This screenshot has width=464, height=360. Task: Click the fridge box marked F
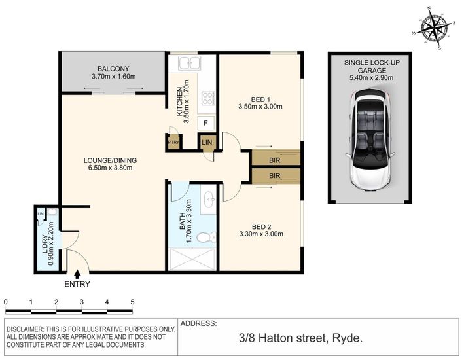206,123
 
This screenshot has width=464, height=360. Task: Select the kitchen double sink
190,63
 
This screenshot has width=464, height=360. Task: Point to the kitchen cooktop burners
207,99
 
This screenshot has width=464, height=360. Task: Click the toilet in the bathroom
207,237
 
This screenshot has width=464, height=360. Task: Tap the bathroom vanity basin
209,199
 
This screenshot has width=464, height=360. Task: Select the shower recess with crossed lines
192,259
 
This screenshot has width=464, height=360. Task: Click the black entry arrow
77,274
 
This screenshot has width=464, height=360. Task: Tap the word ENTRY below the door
77,284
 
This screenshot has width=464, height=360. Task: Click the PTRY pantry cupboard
173,142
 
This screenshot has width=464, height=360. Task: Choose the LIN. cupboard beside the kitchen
207,143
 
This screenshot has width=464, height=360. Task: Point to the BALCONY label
114,69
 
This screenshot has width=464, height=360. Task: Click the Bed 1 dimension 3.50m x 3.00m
260,107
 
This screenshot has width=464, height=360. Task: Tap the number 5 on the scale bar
132,302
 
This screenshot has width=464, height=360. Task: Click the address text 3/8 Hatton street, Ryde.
300,338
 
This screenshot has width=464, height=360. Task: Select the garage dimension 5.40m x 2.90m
372,78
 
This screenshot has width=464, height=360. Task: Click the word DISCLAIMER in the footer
25,329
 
